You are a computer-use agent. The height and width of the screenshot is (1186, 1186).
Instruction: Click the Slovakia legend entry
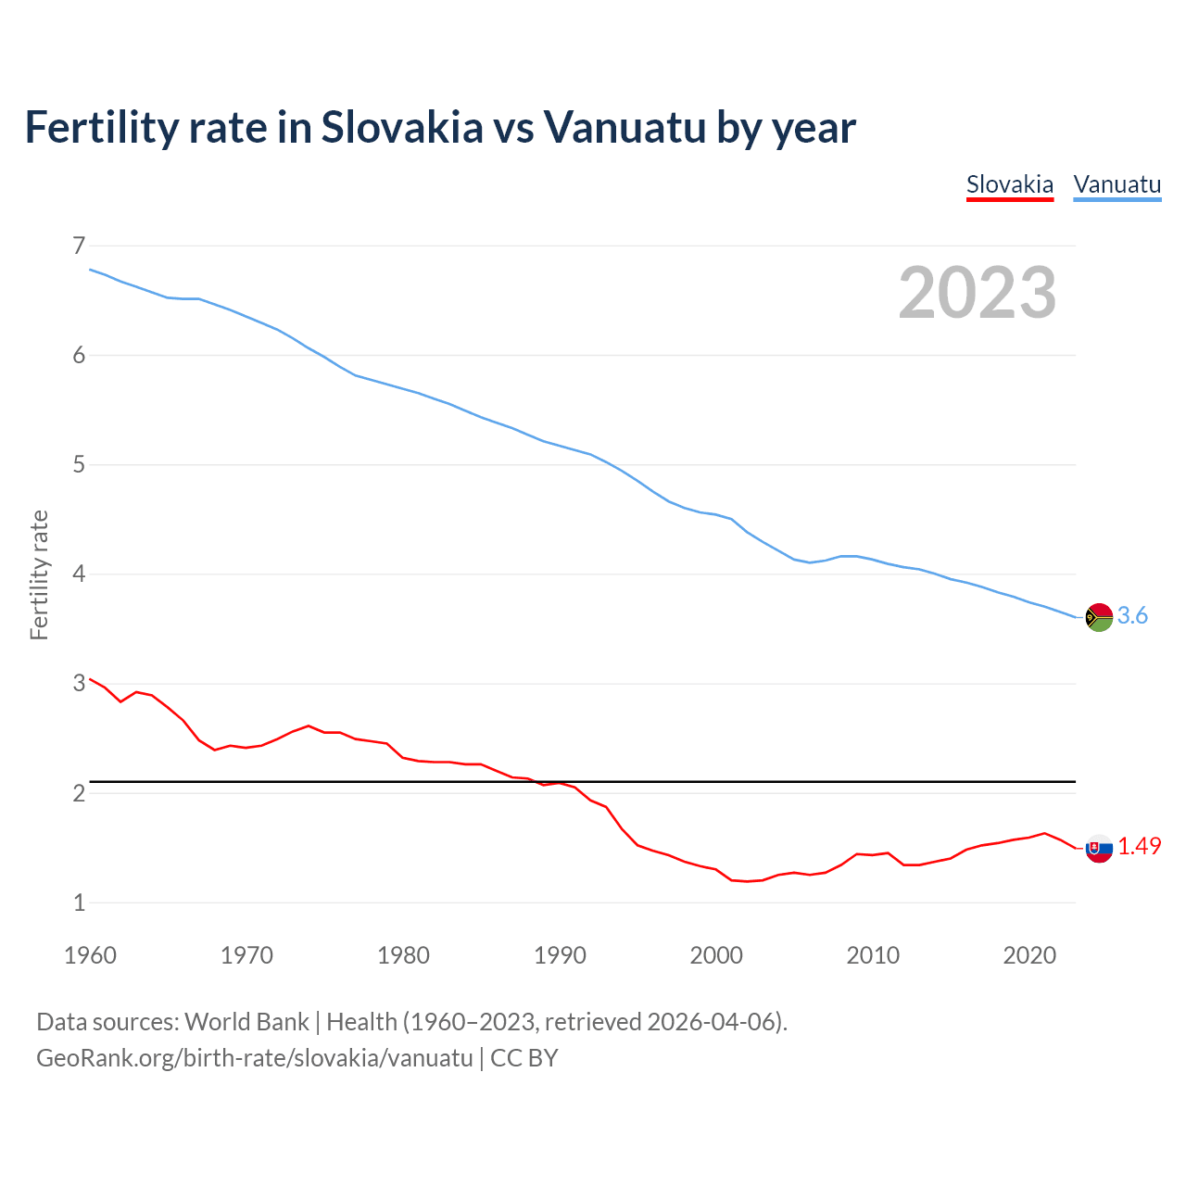[x=1009, y=184]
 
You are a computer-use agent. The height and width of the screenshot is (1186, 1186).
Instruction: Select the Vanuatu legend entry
[x=1117, y=184]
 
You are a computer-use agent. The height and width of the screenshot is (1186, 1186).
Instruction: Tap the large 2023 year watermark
[x=977, y=293]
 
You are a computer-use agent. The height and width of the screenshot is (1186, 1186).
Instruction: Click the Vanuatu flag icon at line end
[x=1099, y=617]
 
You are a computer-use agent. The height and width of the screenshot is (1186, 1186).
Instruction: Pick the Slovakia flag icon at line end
[x=1099, y=848]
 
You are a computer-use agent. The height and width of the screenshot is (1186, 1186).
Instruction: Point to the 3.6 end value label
[x=1132, y=616]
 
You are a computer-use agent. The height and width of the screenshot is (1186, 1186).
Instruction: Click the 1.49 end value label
[x=1139, y=846]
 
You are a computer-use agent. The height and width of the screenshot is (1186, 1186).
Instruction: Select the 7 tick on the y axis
[x=79, y=246]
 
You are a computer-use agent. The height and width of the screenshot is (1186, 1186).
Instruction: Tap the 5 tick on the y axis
[x=79, y=464]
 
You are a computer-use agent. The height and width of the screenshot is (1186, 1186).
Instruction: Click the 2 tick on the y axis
[x=79, y=793]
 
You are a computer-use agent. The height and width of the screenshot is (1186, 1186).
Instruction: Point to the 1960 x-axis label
[x=90, y=955]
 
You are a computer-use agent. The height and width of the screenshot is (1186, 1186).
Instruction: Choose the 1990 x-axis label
[x=560, y=955]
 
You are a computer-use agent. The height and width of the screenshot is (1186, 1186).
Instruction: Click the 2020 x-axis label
[x=1029, y=955]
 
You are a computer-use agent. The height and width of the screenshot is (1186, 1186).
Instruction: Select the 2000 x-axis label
[x=716, y=955]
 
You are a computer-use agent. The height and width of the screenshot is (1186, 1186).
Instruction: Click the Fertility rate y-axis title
[x=39, y=574]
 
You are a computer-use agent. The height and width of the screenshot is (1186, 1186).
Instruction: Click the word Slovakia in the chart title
[x=402, y=127]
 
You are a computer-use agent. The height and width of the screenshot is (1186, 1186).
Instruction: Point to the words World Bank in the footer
[x=246, y=1022]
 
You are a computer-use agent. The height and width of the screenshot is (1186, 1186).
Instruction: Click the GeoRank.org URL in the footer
[x=255, y=1058]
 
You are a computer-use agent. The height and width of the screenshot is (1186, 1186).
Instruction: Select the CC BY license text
[x=524, y=1058]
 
